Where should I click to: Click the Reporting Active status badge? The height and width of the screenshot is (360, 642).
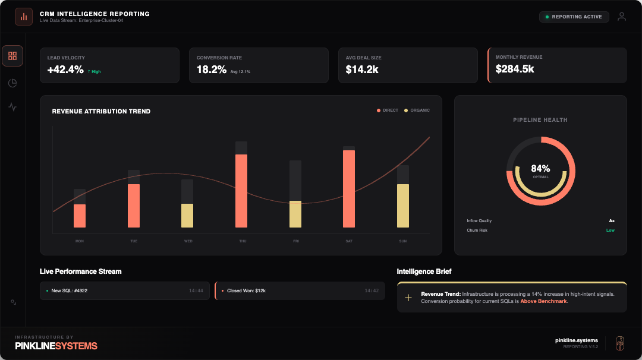[x=574, y=17]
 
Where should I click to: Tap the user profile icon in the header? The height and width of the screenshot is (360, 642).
[x=622, y=17]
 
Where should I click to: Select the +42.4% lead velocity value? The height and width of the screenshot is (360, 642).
[x=65, y=70]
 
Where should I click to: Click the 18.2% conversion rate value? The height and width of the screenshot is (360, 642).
[x=212, y=70]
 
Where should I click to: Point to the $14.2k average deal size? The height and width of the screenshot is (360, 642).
[x=362, y=70]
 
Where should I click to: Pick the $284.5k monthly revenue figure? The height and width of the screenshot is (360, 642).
[x=515, y=69]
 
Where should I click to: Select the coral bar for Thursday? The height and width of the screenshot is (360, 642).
[x=241, y=191]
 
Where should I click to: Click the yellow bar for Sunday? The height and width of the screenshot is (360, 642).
[x=403, y=206]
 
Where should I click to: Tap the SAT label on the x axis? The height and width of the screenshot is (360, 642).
[x=349, y=241]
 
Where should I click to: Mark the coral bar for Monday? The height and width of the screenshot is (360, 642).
[x=80, y=216]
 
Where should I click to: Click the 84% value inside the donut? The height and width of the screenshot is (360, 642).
[x=540, y=169]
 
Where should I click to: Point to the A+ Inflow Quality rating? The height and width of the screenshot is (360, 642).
[x=611, y=221]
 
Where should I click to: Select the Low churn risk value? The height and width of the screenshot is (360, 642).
[x=610, y=230]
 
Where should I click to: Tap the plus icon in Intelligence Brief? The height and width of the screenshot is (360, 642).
[x=408, y=298]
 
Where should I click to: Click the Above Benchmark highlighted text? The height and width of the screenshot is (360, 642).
[x=543, y=302]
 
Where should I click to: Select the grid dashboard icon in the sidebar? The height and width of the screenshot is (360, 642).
[x=12, y=56]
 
